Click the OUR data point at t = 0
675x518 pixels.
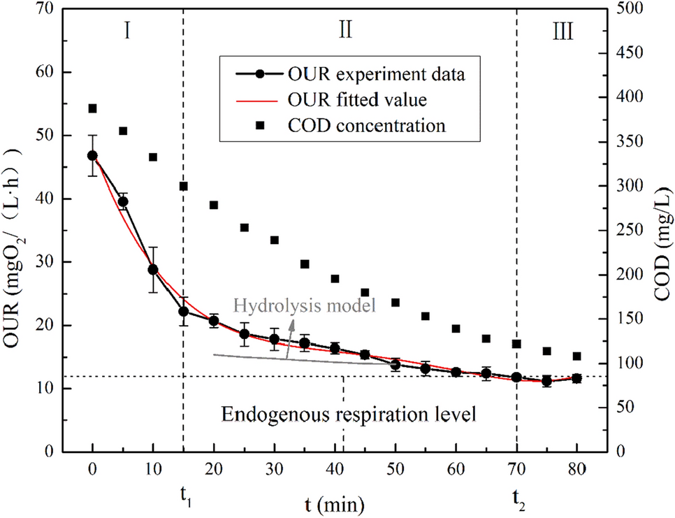click(x=92, y=156)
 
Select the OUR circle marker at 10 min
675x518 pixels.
click(x=153, y=269)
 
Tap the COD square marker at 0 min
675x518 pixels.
click(x=92, y=108)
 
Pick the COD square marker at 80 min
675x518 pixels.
click(x=577, y=356)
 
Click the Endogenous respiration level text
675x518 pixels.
click(x=349, y=414)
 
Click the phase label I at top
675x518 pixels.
click(x=129, y=31)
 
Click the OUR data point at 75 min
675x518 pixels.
click(x=547, y=381)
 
